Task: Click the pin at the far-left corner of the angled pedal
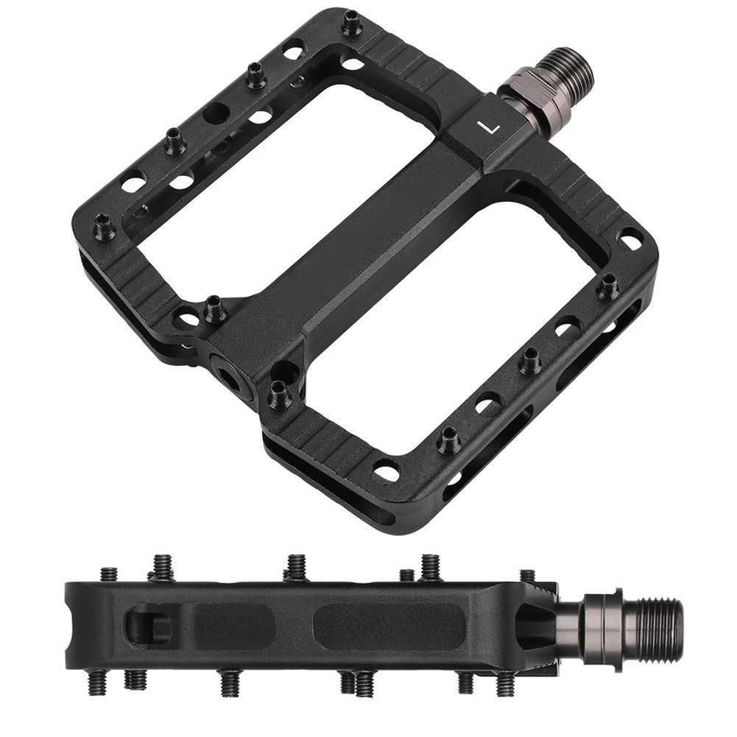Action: click(x=102, y=225)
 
